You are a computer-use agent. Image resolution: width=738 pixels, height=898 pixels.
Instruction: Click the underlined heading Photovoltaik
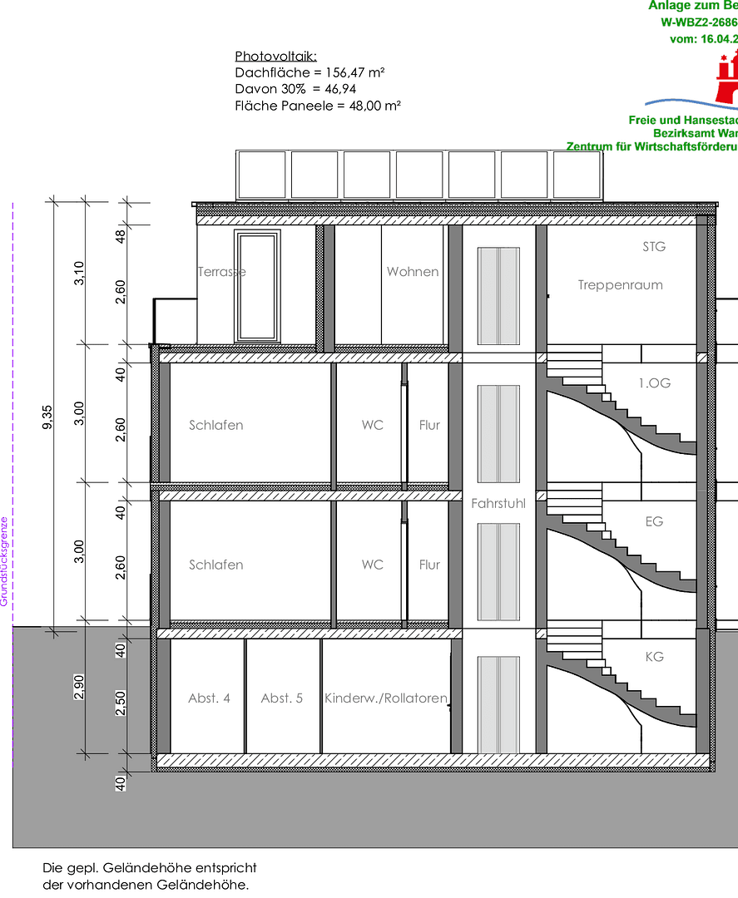[275, 57]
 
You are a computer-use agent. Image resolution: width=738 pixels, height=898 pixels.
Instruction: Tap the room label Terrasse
[222, 272]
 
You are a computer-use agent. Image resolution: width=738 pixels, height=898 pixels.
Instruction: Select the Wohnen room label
[413, 272]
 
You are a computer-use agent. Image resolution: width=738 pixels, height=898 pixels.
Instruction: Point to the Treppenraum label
[621, 285]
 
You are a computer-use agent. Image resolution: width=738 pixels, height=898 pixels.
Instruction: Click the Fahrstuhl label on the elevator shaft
[498, 504]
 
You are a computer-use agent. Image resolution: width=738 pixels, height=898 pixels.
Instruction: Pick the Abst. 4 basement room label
[210, 698]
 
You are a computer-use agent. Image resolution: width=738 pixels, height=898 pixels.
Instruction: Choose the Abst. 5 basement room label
[282, 698]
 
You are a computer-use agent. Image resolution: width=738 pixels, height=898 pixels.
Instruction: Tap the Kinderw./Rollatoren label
[386, 698]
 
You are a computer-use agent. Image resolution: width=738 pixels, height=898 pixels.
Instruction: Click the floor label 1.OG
[655, 383]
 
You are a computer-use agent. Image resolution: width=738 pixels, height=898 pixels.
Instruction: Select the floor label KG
[655, 657]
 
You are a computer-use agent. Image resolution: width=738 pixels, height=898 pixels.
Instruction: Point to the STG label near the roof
[655, 247]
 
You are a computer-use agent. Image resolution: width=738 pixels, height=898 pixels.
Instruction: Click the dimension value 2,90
[79, 688]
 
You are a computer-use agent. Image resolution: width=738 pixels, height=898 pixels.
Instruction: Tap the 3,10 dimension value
[79, 274]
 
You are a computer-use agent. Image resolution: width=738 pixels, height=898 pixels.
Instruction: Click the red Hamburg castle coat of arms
[726, 76]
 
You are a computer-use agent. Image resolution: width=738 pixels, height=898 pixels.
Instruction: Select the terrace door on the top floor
[257, 285]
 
